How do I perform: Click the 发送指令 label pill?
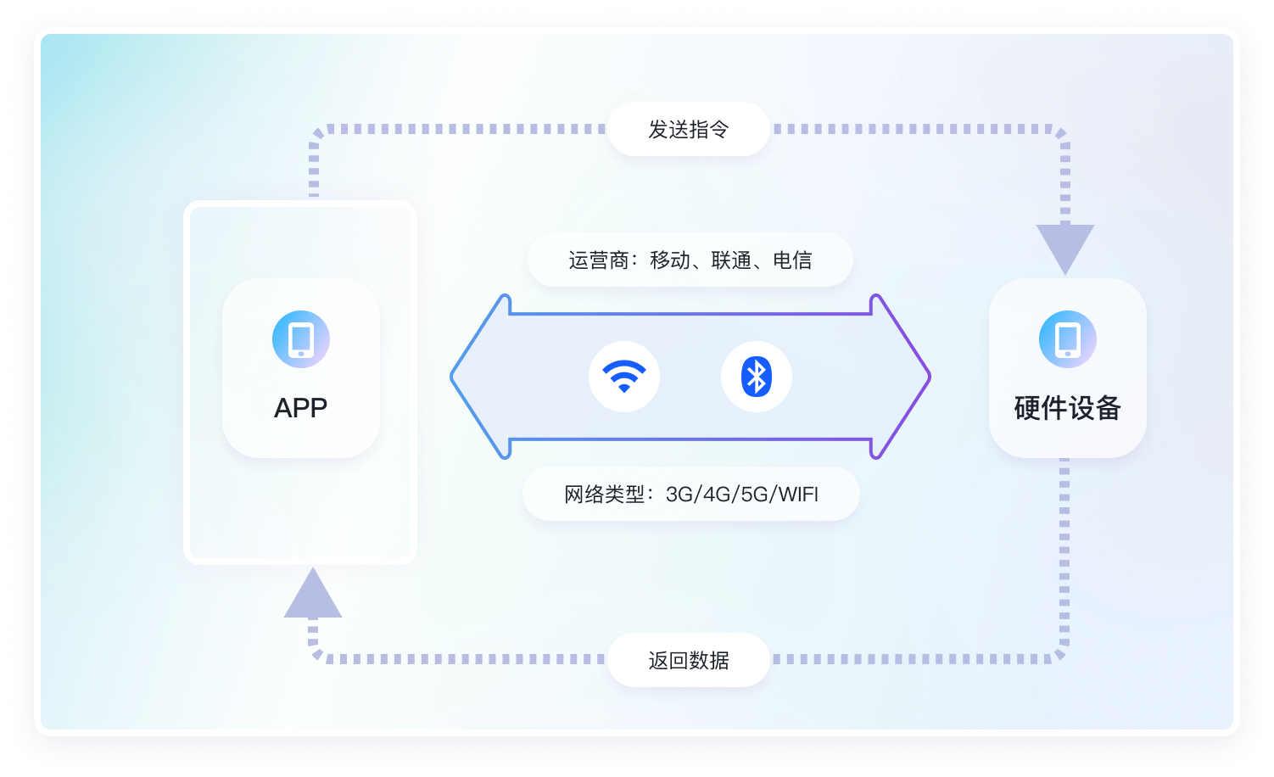[688, 129]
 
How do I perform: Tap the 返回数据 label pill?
[688, 660]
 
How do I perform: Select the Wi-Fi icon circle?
[624, 377]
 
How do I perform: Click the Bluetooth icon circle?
[756, 377]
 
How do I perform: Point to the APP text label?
[300, 408]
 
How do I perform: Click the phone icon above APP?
[301, 339]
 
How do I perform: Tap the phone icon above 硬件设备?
[1067, 339]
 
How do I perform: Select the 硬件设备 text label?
[1067, 408]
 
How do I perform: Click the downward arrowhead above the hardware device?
[1065, 247]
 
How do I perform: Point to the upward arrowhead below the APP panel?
[313, 595]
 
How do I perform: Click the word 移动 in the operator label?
[670, 260]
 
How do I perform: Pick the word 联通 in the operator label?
[731, 260]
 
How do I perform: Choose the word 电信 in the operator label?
[792, 260]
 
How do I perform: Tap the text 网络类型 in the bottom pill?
[605, 495]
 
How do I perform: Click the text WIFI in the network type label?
[797, 495]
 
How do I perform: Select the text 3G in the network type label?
[679, 495]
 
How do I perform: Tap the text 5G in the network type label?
[754, 495]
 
